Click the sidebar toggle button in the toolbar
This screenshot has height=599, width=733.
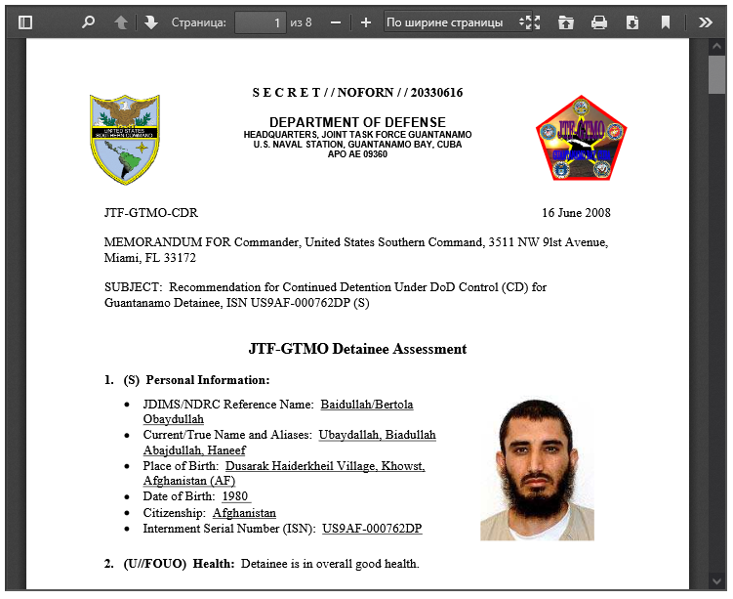coord(25,21)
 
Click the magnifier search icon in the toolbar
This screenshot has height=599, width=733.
coord(89,21)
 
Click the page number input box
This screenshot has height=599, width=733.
coord(260,21)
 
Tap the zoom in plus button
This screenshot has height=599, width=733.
coord(366,21)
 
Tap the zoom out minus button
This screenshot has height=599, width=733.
coord(336,21)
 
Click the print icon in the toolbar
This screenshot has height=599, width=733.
coord(599,21)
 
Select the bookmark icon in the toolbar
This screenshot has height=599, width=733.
coord(666,21)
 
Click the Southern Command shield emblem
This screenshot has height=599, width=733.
coord(125,139)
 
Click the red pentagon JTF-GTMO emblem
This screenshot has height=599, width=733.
coord(581,139)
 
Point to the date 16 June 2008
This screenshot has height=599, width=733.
coord(576,212)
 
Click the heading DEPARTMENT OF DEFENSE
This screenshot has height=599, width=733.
coord(357,122)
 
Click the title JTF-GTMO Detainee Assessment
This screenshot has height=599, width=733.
coord(357,349)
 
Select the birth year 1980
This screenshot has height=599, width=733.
coord(236,497)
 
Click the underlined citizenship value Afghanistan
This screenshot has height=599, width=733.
coord(244,513)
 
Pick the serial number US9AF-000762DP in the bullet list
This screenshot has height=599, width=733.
coord(372,529)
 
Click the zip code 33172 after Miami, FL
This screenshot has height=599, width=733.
coord(180,258)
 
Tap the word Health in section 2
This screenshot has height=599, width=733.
coord(212,564)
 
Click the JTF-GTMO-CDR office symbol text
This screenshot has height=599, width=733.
coord(150,212)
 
